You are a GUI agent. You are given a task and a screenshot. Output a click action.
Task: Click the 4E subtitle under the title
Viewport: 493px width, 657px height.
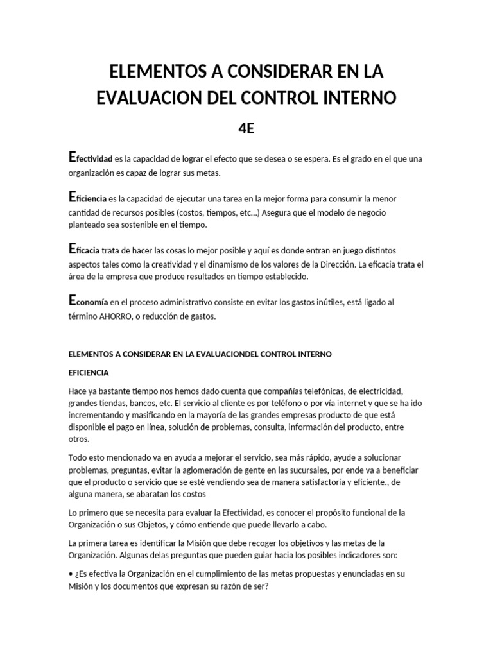(x=246, y=128)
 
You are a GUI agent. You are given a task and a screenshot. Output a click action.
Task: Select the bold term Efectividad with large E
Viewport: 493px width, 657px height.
(x=91, y=158)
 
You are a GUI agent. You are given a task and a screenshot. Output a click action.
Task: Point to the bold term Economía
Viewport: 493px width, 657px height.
(x=88, y=302)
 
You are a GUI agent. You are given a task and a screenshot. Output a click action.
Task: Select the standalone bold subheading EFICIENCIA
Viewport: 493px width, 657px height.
(x=89, y=372)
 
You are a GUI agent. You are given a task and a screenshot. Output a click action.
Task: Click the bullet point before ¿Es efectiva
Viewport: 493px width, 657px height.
(x=70, y=573)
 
